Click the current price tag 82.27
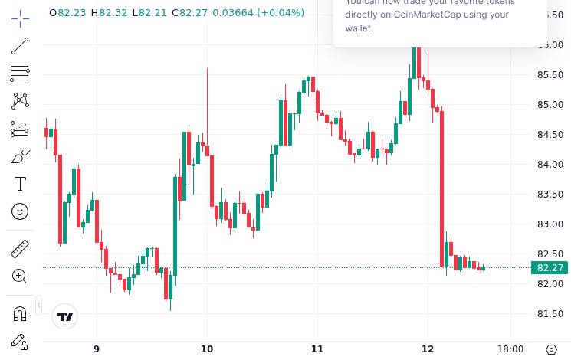pyautogui.click(x=550, y=268)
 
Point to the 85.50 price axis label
pyautogui.click(x=550, y=75)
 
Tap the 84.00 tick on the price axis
pyautogui.click(x=550, y=165)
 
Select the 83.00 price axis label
pyautogui.click(x=550, y=224)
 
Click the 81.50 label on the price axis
pyautogui.click(x=550, y=314)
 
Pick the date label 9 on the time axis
pyautogui.click(x=97, y=349)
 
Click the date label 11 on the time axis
pyautogui.click(x=317, y=349)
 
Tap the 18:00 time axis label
pyautogui.click(x=510, y=349)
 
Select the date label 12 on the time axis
pyautogui.click(x=428, y=349)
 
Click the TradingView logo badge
pyautogui.click(x=66, y=316)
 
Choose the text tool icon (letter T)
pyautogui.click(x=20, y=184)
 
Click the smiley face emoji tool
pyautogui.click(x=20, y=211)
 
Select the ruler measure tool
pyautogui.click(x=20, y=249)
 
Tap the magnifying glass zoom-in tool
pyautogui.click(x=20, y=276)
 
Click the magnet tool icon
pyautogui.click(x=20, y=313)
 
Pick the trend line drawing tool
pyautogui.click(x=20, y=47)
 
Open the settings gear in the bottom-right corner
pyautogui.click(x=552, y=349)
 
